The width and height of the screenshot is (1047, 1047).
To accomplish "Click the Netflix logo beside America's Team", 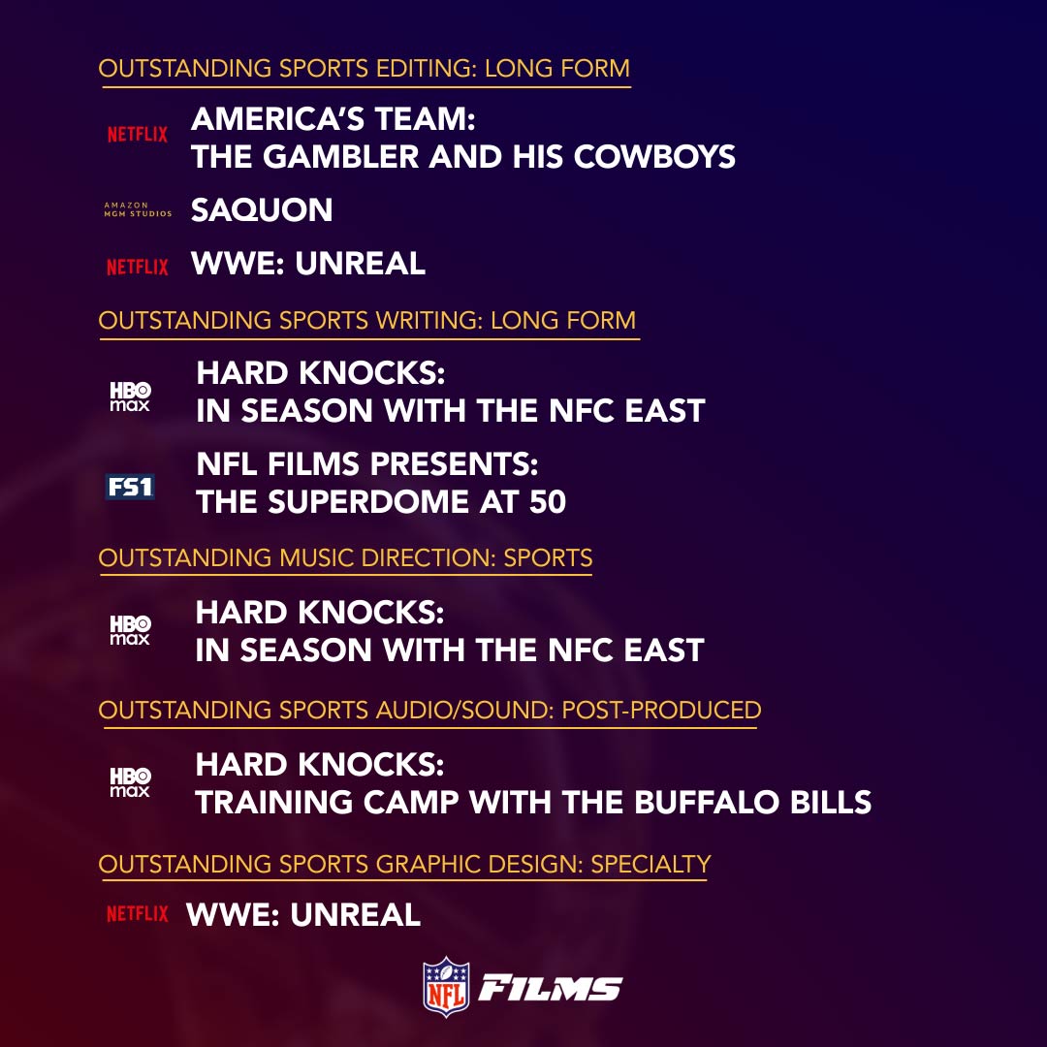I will [137, 135].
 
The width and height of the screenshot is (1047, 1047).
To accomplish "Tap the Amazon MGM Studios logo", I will [137, 210].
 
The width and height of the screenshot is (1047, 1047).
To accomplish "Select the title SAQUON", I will [262, 210].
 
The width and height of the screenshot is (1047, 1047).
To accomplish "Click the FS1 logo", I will [130, 486].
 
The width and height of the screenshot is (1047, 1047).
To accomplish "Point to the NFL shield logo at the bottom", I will [446, 987].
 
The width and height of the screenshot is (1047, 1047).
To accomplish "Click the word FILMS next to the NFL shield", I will [551, 989].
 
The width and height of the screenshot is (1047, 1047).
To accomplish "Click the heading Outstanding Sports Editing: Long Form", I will [365, 69].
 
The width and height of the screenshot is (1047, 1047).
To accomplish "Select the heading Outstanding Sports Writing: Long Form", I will [367, 320].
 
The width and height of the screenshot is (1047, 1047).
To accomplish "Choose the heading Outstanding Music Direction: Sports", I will [345, 558].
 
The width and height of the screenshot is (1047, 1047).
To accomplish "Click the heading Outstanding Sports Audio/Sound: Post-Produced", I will [429, 710].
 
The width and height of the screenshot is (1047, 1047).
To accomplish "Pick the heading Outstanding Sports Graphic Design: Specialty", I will [404, 864].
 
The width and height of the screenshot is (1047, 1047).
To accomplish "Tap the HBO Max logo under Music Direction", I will [130, 631].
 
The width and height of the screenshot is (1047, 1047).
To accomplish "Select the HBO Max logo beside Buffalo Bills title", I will [130, 783].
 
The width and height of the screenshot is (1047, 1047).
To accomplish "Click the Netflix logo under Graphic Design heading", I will [137, 913].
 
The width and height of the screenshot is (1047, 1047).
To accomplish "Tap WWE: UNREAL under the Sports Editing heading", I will [308, 264].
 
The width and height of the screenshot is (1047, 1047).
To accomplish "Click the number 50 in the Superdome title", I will [547, 502].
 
